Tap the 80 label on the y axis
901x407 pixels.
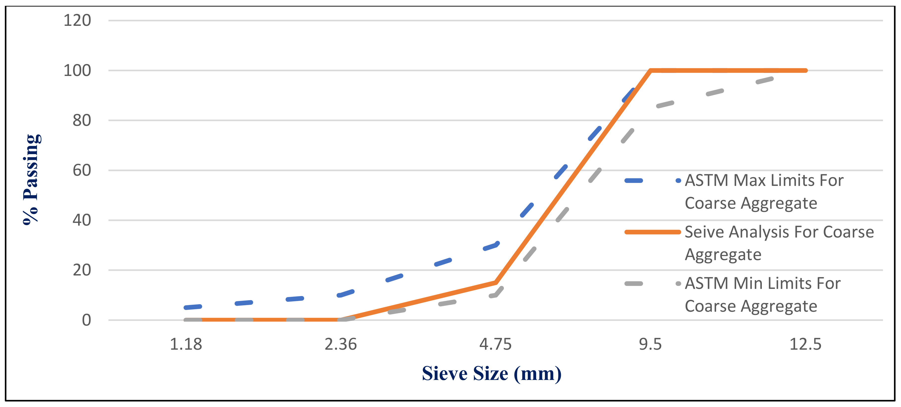coord(82,120)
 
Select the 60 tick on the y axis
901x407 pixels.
coord(82,170)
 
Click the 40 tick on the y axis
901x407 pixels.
coord(82,220)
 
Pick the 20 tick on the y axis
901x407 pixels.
coord(82,270)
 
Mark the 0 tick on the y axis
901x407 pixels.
coord(86,320)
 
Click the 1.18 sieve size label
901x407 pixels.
coord(186,344)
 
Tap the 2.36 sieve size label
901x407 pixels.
coord(341,344)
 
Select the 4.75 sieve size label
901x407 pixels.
coord(495,344)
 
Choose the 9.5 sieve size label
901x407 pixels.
coord(650,344)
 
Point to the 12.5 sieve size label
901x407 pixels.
coord(805,344)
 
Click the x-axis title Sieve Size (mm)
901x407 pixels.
coord(491,373)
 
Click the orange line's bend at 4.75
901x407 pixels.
coord(495,282)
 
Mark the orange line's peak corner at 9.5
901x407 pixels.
coord(650,70)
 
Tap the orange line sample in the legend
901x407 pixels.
coord(652,232)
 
